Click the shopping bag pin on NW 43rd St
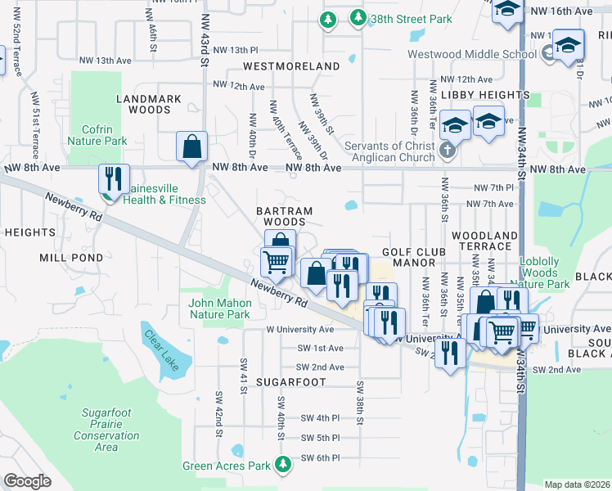(191, 148)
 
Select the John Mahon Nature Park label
(219, 308)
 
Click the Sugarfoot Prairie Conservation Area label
(106, 430)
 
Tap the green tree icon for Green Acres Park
(283, 465)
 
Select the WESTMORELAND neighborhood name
(291, 65)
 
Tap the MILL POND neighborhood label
(71, 257)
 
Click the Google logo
(28, 481)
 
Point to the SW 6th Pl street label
(320, 457)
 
